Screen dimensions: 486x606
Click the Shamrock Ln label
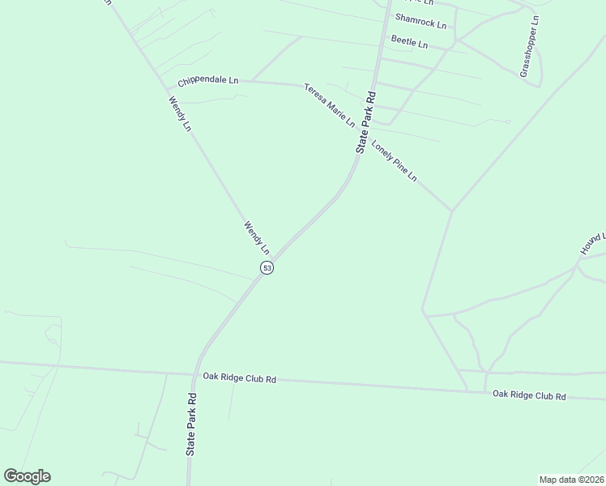(x=420, y=21)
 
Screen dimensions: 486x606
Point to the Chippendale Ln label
(x=208, y=82)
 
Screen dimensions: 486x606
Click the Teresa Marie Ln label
(x=330, y=104)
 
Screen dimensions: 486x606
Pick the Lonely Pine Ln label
(x=394, y=160)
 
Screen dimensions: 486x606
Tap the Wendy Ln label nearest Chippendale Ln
(x=179, y=114)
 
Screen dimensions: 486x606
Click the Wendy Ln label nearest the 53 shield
(x=256, y=237)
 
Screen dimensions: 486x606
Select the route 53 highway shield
(x=267, y=267)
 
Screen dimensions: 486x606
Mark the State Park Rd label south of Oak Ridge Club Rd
(x=191, y=424)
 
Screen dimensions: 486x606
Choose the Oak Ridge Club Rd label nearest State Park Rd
(x=240, y=378)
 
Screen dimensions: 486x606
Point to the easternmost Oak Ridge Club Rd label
(x=529, y=394)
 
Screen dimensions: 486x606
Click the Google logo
(x=27, y=476)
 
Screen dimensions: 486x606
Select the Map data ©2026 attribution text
(x=571, y=479)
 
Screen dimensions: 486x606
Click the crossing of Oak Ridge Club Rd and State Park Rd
(x=195, y=375)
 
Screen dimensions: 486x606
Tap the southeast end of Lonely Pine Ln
(x=451, y=211)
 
